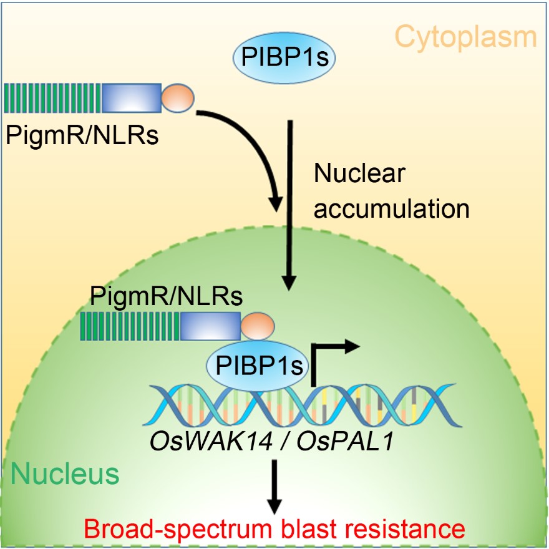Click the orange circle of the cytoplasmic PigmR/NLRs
(178, 98)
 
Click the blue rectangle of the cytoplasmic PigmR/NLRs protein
(131, 98)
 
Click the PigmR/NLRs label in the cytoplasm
(82, 134)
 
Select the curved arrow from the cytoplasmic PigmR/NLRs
(250, 143)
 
